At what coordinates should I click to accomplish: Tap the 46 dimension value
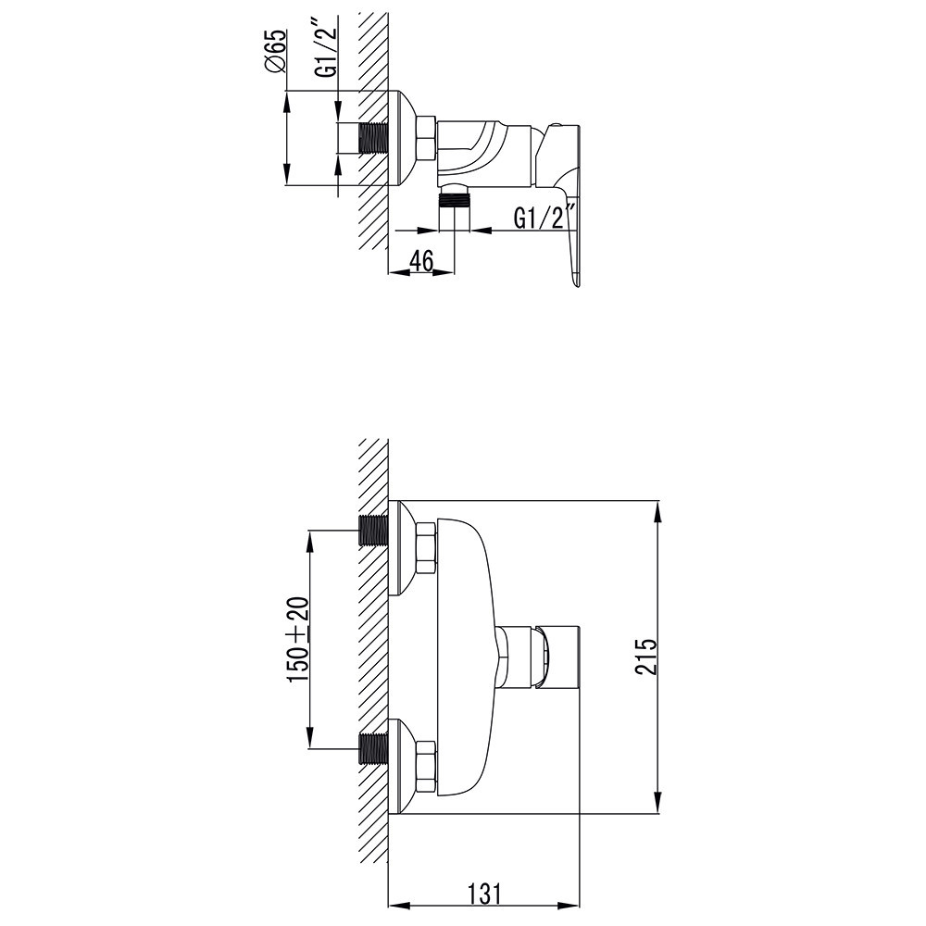(421, 261)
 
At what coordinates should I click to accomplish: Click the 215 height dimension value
(647, 657)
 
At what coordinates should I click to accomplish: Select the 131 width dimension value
(482, 895)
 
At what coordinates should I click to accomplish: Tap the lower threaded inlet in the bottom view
(372, 748)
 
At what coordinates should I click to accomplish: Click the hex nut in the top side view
(425, 138)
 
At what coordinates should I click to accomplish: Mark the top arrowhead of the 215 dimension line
(657, 508)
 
